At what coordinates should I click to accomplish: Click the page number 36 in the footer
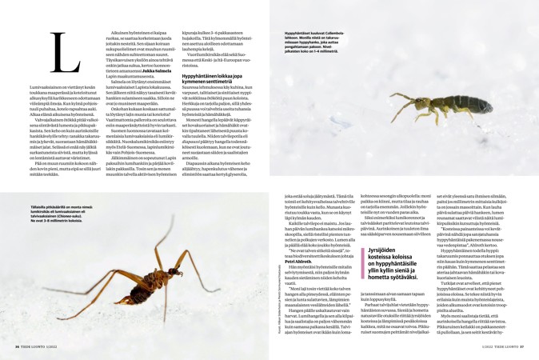coord(18,346)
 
